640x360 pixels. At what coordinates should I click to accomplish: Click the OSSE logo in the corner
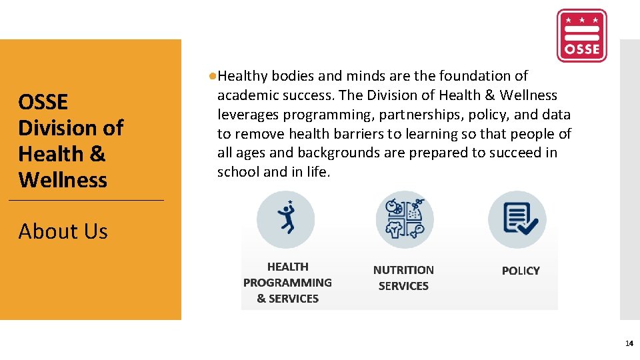click(x=581, y=35)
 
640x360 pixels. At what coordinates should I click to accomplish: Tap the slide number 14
click(x=629, y=344)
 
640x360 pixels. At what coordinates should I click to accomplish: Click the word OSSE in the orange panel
click(x=43, y=102)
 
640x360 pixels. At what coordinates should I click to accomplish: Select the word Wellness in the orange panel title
click(x=63, y=180)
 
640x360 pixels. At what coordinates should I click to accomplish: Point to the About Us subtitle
click(x=63, y=231)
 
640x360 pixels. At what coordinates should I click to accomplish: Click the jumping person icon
click(x=285, y=219)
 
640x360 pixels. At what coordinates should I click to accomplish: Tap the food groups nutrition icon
click(x=404, y=219)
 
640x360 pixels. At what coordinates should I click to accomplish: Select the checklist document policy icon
click(x=517, y=219)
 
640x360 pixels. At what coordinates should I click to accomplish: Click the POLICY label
click(x=521, y=271)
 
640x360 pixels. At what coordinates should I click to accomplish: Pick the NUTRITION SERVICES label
click(x=403, y=278)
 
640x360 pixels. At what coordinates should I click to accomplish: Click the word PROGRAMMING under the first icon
click(x=287, y=283)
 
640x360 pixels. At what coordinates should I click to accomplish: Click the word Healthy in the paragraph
click(x=243, y=77)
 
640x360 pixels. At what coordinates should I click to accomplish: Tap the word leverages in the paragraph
click(x=246, y=115)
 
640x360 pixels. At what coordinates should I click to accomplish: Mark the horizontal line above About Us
click(x=86, y=200)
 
